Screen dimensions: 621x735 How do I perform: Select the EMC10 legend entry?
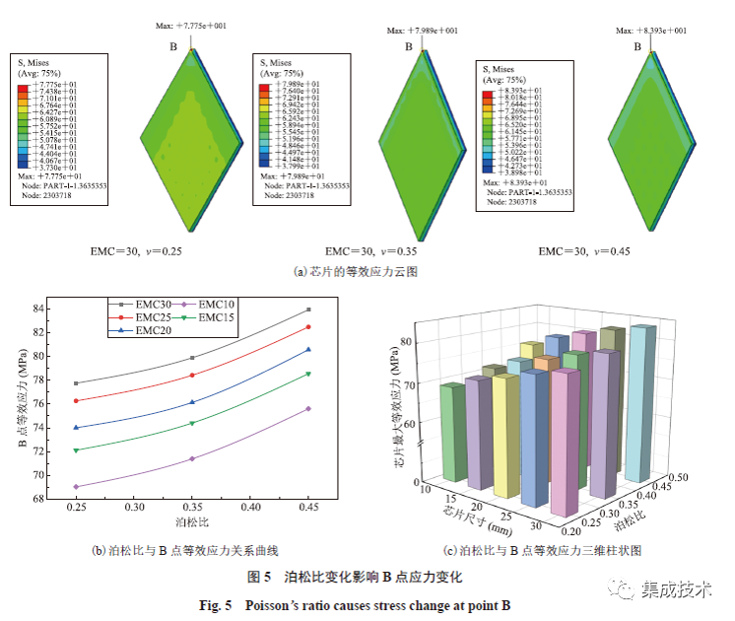[x=214, y=304]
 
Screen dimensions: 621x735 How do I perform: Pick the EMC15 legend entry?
[x=214, y=317]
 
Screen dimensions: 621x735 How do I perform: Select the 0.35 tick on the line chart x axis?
[x=191, y=507]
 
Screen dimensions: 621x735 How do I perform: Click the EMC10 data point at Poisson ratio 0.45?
[x=308, y=408]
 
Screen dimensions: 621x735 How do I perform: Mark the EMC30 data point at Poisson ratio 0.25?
[x=76, y=383]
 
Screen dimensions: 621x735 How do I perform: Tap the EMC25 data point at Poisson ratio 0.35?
[x=192, y=375]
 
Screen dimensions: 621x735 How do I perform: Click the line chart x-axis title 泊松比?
[x=191, y=519]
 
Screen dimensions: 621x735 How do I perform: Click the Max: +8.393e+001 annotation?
[x=651, y=31]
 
